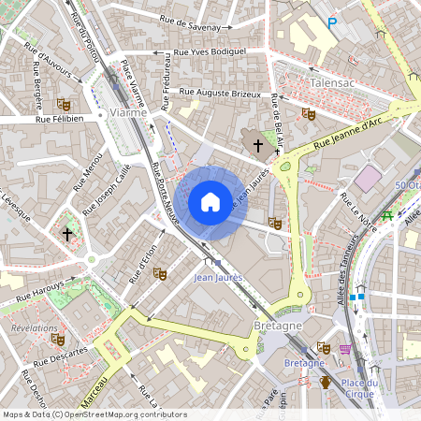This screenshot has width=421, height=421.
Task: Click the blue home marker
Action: (x=210, y=202)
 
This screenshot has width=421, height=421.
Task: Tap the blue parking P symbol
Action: (x=331, y=22)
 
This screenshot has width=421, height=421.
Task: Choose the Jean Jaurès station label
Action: (x=217, y=278)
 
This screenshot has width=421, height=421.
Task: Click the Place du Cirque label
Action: (x=358, y=387)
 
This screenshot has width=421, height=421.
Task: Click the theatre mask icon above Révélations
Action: (x=58, y=340)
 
